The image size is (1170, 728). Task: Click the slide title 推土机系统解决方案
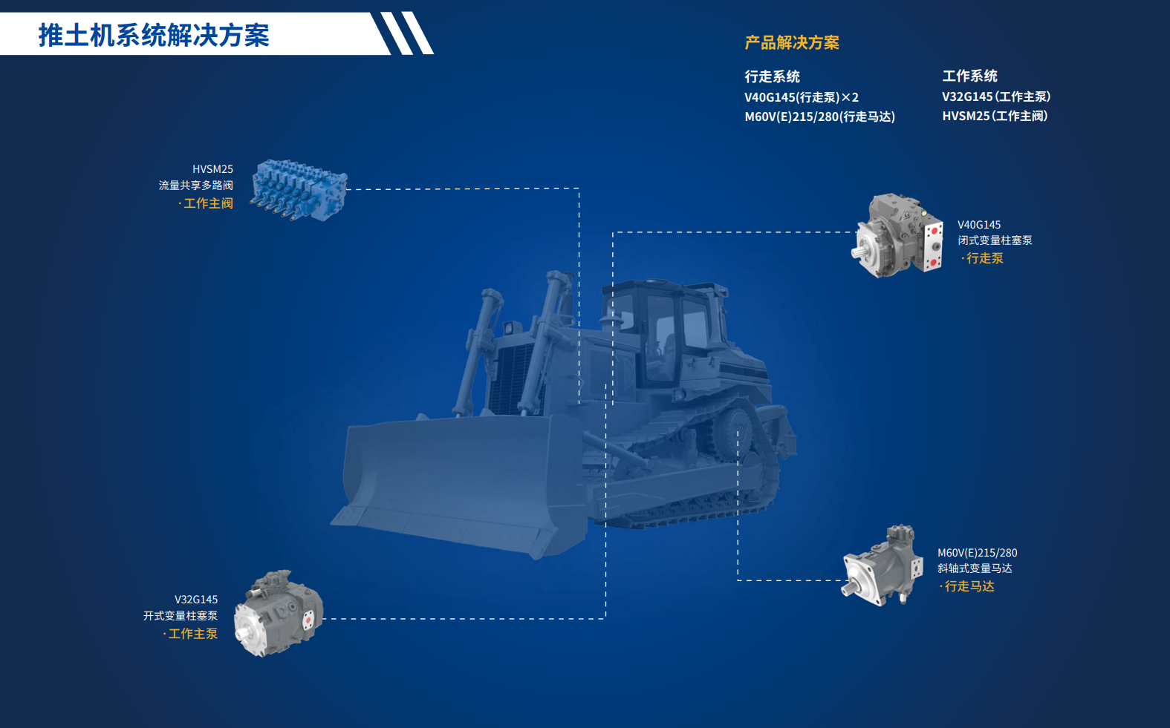point(154,36)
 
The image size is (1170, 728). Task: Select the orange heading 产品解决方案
point(792,42)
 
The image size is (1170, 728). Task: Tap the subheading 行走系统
point(772,76)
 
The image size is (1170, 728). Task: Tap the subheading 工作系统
point(969,76)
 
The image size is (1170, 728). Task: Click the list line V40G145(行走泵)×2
point(802,97)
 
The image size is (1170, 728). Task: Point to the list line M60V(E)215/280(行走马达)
point(819,117)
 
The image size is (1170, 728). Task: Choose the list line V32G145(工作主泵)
point(996,96)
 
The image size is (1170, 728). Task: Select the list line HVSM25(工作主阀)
point(995,116)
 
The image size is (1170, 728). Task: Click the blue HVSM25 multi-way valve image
point(299,190)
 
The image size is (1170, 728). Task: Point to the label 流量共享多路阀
point(196,186)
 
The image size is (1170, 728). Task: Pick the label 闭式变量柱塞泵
point(995,240)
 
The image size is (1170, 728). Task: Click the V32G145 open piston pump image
point(279,613)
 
